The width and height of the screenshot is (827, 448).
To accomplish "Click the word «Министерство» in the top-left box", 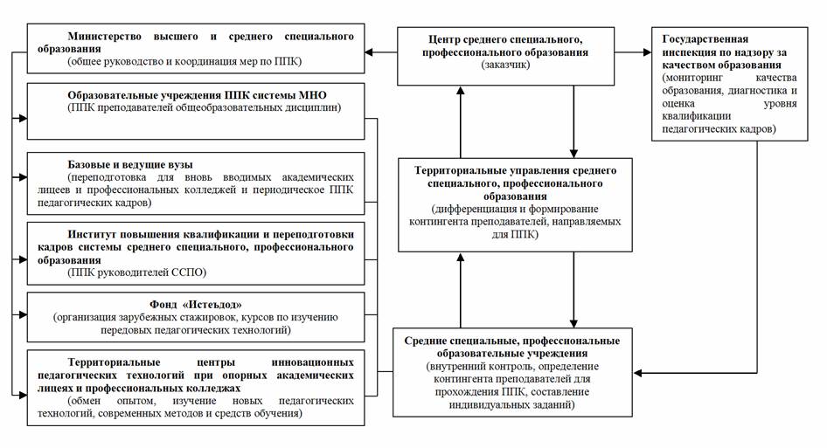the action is click(x=104, y=37).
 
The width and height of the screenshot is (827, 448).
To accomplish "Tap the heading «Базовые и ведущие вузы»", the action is click(x=130, y=164).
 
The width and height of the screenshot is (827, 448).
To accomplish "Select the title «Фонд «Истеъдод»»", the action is click(x=196, y=305).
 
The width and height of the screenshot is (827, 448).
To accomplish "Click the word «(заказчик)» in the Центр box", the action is click(x=505, y=65).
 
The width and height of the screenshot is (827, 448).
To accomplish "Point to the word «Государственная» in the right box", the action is click(x=705, y=39).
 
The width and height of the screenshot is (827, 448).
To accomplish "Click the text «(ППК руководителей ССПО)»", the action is click(x=137, y=272).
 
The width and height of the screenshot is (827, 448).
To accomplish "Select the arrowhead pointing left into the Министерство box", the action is click(x=369, y=52).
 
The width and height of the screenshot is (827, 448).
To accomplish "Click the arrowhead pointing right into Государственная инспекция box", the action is click(x=647, y=52).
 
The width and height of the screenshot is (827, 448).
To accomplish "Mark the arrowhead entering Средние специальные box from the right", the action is click(x=638, y=373).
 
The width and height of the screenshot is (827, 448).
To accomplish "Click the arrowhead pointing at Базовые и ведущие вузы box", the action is click(x=23, y=177).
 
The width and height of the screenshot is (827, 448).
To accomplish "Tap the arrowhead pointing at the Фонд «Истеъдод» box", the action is click(x=23, y=314).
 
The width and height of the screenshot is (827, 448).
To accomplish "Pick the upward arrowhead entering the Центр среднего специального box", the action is click(x=461, y=91).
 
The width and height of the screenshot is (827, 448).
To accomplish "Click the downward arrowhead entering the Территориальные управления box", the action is click(x=573, y=154).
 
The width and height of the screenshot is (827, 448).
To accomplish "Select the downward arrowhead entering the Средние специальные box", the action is click(x=573, y=323).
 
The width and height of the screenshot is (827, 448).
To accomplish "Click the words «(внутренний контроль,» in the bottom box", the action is click(x=477, y=366).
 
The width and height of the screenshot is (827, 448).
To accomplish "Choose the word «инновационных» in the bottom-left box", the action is click(x=313, y=362).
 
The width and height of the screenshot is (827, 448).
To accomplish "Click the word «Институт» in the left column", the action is click(x=90, y=235).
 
